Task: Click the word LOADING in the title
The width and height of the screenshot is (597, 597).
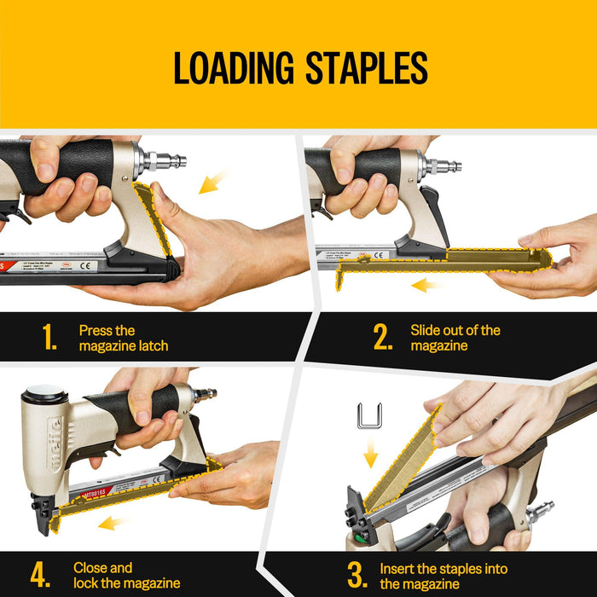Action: click(228, 68)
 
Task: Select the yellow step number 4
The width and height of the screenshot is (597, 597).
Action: click(40, 575)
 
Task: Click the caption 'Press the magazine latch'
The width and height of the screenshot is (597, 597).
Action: click(124, 338)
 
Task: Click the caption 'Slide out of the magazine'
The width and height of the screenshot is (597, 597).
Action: click(455, 337)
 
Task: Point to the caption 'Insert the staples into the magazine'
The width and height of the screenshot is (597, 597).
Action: click(443, 576)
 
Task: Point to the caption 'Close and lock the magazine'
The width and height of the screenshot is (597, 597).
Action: click(126, 575)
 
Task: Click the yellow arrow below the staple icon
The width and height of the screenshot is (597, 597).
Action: click(370, 457)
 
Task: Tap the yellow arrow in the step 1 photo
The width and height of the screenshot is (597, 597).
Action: click(213, 182)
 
